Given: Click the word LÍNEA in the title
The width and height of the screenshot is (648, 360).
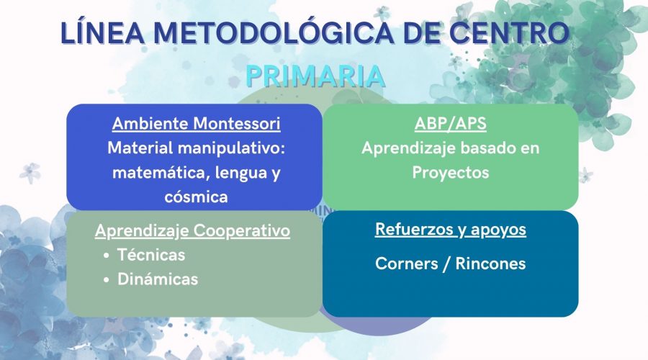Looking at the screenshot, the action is click(x=102, y=32).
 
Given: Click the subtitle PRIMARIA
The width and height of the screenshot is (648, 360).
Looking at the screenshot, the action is click(x=315, y=76).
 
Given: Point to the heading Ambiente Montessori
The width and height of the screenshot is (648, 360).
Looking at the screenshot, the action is click(x=196, y=124).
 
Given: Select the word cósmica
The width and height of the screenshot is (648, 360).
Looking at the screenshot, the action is click(x=196, y=197).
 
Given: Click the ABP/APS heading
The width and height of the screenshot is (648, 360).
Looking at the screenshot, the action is click(x=451, y=124).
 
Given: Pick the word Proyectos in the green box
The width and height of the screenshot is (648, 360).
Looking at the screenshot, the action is click(x=451, y=172).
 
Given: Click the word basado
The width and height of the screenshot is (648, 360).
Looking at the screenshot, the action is click(x=485, y=148).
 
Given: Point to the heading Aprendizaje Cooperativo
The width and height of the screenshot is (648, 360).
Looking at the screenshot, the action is click(x=192, y=230).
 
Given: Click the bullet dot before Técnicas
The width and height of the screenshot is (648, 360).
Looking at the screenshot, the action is click(x=107, y=256).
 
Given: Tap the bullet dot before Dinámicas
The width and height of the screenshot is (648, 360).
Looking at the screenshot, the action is click(x=107, y=280).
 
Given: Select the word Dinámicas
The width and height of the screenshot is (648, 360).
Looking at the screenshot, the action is click(x=158, y=279).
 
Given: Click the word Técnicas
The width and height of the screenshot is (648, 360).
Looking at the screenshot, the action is click(x=151, y=255).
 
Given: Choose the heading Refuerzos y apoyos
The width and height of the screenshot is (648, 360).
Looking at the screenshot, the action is click(x=451, y=230).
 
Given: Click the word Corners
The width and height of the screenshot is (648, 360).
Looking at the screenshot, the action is click(x=406, y=264).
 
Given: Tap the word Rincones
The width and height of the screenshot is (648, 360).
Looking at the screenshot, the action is click(x=490, y=264).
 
